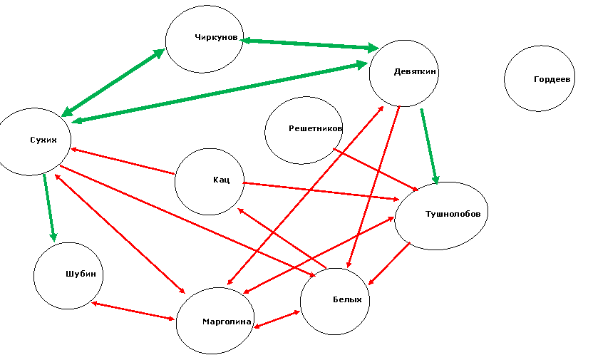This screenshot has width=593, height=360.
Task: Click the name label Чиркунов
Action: point(216,37)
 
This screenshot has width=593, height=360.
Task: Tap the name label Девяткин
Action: point(415,71)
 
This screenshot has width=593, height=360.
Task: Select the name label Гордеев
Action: point(552,79)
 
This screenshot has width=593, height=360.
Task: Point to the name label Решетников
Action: point(316,128)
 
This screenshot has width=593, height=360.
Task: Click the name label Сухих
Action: point(43,140)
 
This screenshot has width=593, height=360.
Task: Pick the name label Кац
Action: point(221,180)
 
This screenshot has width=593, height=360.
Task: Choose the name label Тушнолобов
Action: point(453,214)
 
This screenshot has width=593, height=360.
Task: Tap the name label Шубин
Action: point(81,274)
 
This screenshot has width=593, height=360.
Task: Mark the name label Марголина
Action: point(227,322)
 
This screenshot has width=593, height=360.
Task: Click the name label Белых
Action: point(347,299)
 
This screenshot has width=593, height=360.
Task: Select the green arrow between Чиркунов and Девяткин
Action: point(309,44)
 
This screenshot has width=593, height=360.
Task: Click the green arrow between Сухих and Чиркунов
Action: point(113,83)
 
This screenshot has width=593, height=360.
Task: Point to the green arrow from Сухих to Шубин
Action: point(50,207)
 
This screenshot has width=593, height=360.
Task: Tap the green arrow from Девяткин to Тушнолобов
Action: point(430,146)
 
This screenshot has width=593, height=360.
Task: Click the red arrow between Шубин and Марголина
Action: point(133,312)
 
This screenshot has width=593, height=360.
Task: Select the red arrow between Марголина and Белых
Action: point(277,319)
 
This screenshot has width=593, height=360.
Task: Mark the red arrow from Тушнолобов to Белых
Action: point(389,264)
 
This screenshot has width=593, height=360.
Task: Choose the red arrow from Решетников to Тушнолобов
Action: point(376,170)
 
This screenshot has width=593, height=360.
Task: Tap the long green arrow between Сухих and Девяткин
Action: point(220,93)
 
